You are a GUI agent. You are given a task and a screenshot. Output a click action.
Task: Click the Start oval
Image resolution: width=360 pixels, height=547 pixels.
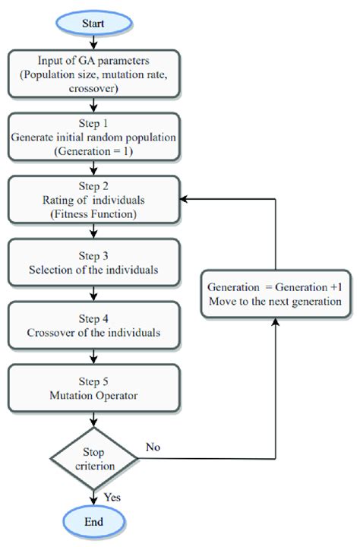pyautogui.click(x=93, y=24)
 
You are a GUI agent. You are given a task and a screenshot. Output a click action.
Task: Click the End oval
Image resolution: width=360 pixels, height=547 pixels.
pyautogui.click(x=93, y=522)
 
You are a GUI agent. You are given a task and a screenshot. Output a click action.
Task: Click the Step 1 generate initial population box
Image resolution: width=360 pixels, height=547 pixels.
pyautogui.click(x=93, y=137)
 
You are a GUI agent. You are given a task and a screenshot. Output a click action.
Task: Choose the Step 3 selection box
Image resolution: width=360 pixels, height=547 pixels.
pyautogui.click(x=93, y=261)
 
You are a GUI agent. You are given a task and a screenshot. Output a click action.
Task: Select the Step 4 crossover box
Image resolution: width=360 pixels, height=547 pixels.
pyautogui.click(x=93, y=324)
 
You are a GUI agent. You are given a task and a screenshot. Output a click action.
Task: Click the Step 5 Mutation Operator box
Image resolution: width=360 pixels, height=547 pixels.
pyautogui.click(x=93, y=386)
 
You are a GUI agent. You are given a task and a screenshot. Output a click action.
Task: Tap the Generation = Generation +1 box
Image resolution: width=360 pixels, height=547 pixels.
pyautogui.click(x=275, y=292)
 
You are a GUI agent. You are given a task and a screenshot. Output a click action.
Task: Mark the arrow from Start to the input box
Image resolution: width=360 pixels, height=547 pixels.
pyautogui.click(x=93, y=43)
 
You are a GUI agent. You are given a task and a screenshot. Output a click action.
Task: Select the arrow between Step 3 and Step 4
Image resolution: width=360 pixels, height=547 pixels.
pyautogui.click(x=93, y=292)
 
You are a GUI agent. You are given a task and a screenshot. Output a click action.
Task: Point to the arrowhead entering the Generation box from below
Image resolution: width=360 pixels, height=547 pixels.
pyautogui.click(x=275, y=319)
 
